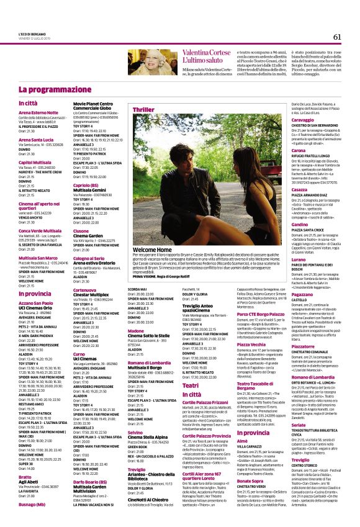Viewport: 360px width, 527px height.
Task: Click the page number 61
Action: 336,37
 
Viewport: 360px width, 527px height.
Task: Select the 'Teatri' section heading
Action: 191,385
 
